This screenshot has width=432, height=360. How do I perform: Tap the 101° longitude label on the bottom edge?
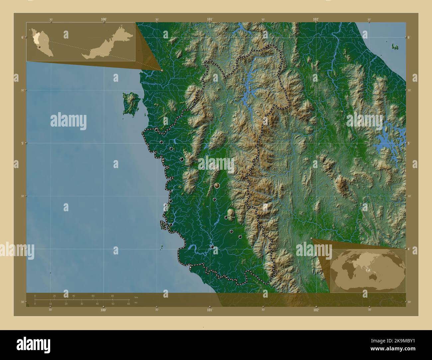(x=210, y=310)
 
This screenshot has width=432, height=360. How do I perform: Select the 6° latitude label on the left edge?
(x=23, y=37)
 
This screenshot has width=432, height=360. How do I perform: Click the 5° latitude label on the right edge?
(x=409, y=143)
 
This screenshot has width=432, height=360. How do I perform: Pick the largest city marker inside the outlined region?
(x=217, y=185)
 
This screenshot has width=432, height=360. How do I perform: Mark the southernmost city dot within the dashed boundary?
(x=212, y=246)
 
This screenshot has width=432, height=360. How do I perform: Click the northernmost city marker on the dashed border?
(x=156, y=130)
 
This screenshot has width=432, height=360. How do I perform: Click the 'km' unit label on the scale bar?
(x=136, y=297)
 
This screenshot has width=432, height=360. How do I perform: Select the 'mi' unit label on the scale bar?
(x=136, y=303)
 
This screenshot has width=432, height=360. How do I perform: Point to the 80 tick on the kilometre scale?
(x=112, y=296)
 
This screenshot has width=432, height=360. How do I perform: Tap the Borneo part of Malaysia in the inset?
(x=106, y=45)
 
